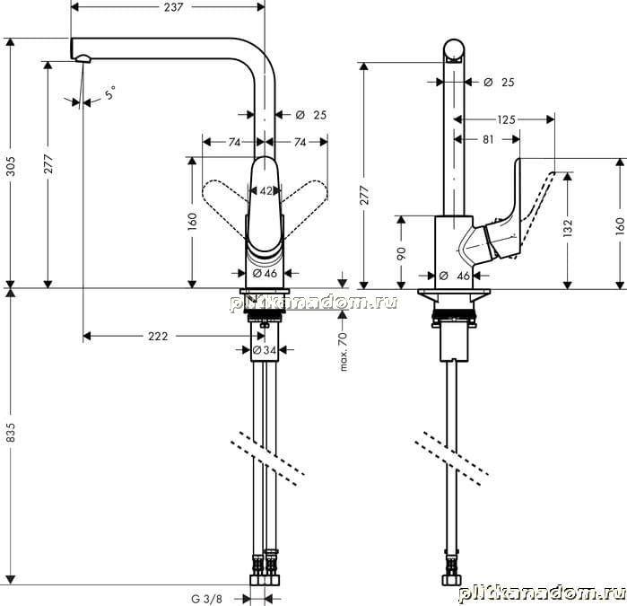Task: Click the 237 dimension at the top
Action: [x=173, y=7]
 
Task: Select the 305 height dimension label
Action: [x=11, y=166]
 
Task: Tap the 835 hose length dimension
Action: [x=11, y=433]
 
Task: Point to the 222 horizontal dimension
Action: [x=158, y=337]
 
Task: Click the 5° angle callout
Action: [x=110, y=92]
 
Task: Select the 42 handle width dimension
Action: [x=266, y=191]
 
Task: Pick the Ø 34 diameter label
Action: [x=265, y=350]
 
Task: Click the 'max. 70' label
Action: [x=343, y=351]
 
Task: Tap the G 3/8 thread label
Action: [x=206, y=599]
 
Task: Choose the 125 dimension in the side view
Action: [x=506, y=119]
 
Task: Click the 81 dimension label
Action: [x=488, y=139]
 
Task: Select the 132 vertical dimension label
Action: [x=568, y=228]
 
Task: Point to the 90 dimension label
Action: [x=402, y=253]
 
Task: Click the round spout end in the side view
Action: [x=454, y=51]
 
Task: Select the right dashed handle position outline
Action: [x=305, y=202]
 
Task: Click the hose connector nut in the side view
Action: [x=452, y=580]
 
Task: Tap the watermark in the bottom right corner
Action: [x=542, y=594]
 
